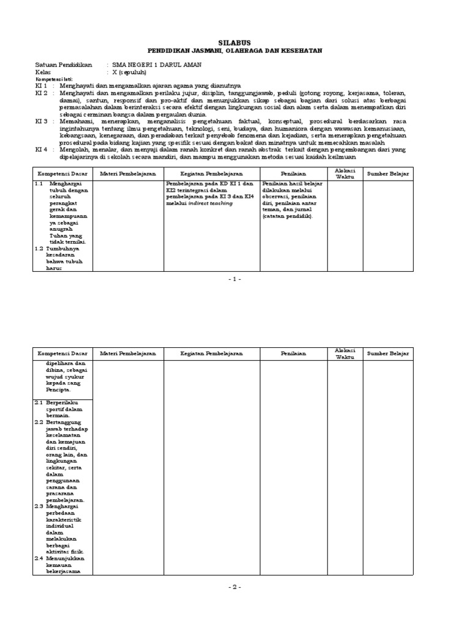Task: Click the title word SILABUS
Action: click(234, 43)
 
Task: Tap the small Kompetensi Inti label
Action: click(54, 80)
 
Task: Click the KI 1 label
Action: click(41, 86)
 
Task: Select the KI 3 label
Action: click(41, 121)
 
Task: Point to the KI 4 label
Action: click(41, 149)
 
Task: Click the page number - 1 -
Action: click(234, 279)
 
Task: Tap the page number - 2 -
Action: click(234, 587)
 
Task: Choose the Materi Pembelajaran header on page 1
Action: click(128, 174)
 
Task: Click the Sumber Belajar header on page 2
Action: click(387, 354)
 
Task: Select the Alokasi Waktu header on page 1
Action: click(345, 173)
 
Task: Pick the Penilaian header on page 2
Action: click(293, 354)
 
